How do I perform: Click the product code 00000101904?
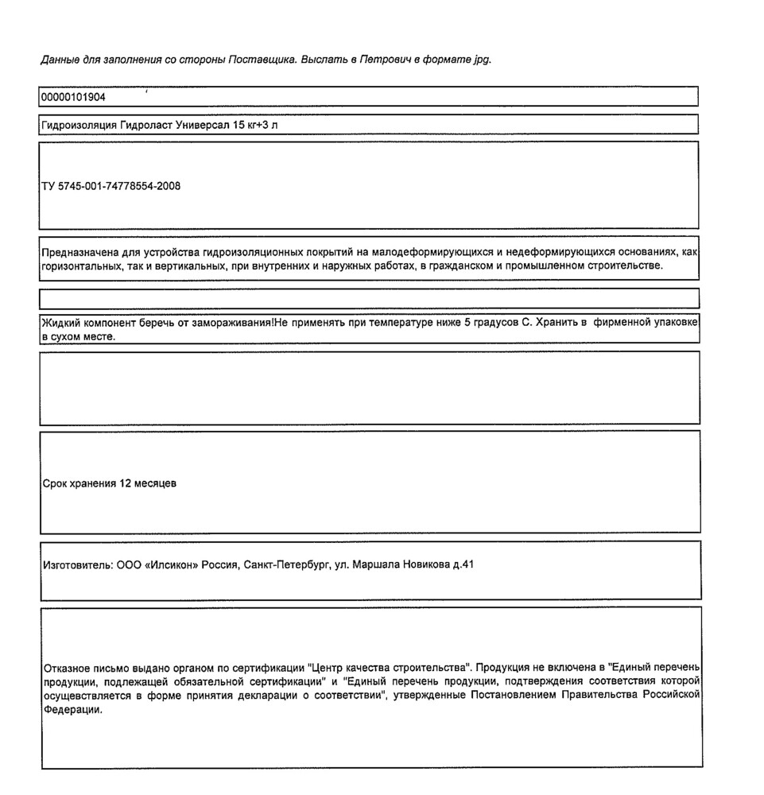click(72, 98)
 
